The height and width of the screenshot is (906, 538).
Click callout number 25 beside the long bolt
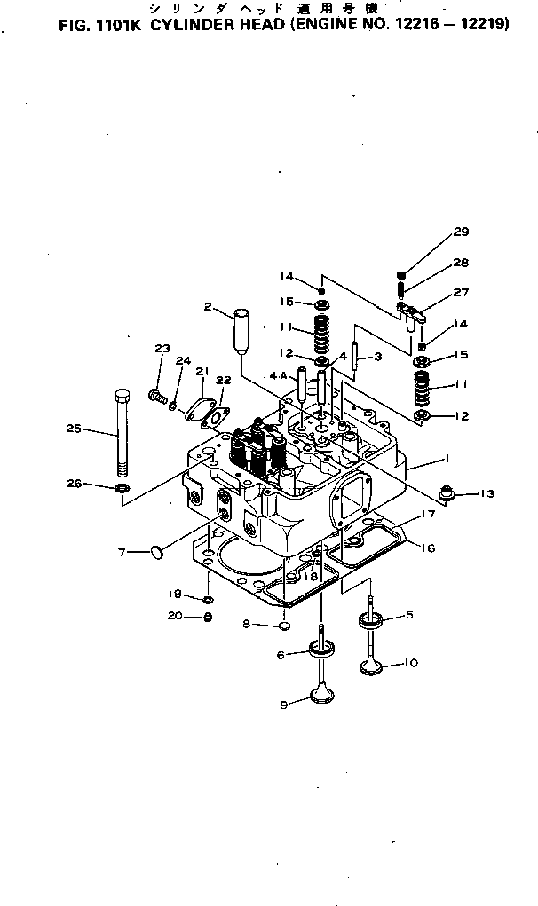tap(74, 429)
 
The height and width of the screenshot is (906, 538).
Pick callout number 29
tap(460, 232)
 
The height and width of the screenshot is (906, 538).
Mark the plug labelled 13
tap(450, 492)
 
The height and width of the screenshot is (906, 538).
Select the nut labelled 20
tap(208, 617)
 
